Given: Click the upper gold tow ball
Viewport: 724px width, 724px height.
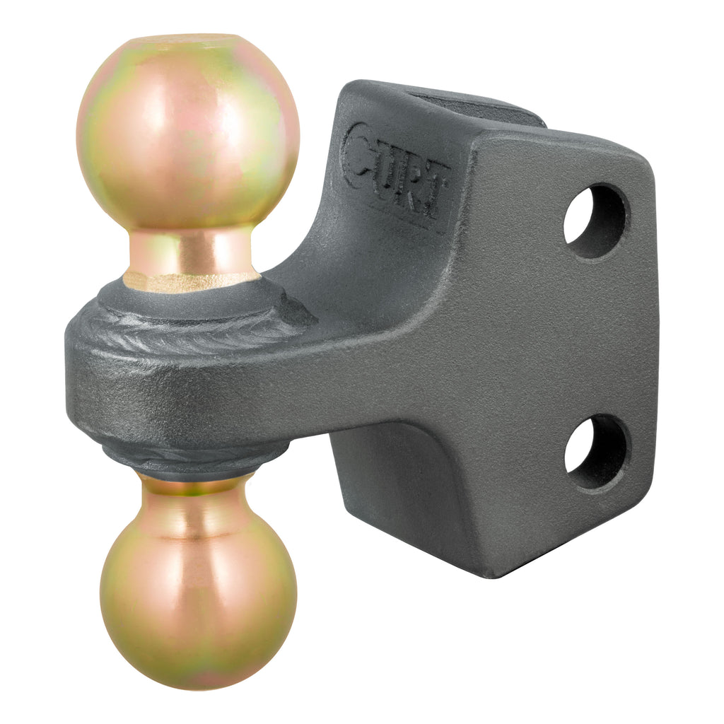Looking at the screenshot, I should (187, 131).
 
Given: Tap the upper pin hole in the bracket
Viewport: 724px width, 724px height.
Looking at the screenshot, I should (595, 221).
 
